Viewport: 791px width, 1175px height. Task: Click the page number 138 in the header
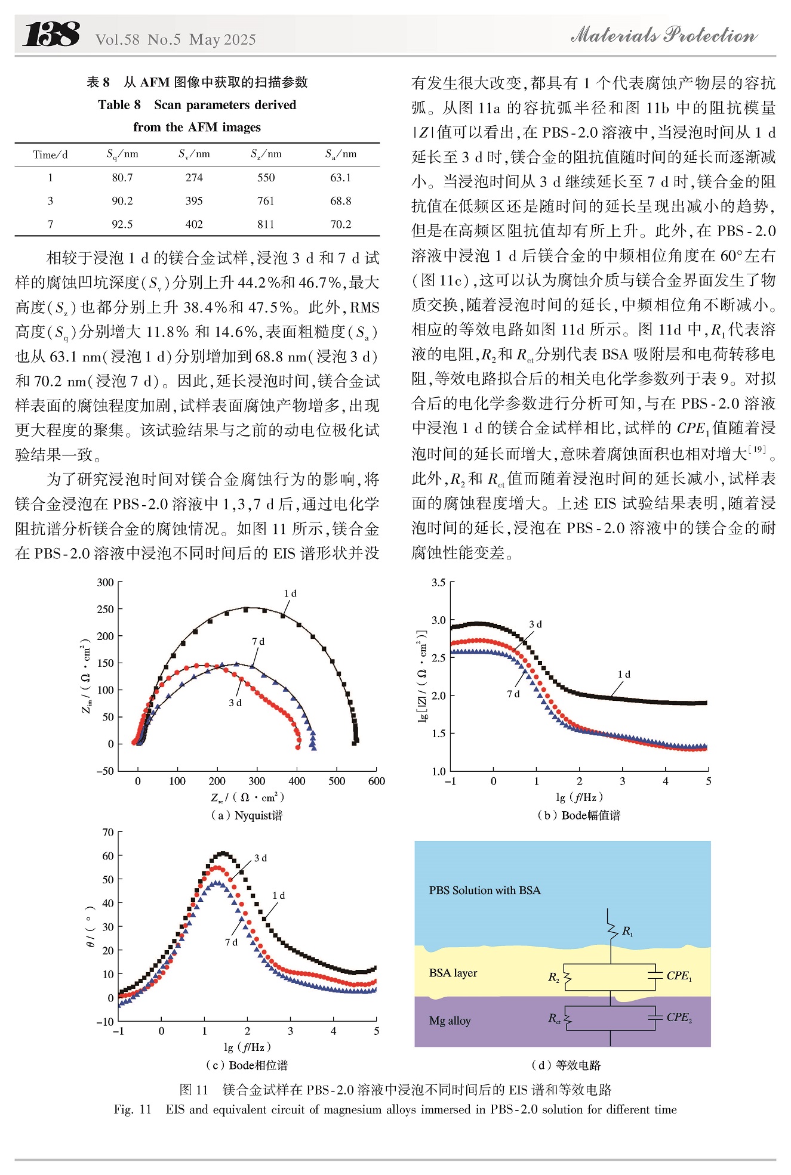pos(51,34)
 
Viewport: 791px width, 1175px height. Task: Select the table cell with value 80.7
pos(122,178)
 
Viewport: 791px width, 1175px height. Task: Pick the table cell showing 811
pos(266,224)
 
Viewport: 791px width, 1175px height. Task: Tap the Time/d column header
pos(51,154)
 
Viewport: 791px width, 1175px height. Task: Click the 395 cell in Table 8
pos(194,201)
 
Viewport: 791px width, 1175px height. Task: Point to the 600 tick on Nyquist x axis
pos(376,781)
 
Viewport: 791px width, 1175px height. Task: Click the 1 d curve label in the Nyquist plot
pos(290,593)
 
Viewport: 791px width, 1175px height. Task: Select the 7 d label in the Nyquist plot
pos(258,642)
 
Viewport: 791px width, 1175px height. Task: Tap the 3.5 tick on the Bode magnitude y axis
pos(439,582)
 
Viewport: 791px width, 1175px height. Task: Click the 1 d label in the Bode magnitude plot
pos(624,675)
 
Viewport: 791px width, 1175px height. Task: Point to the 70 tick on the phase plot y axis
pos(108,832)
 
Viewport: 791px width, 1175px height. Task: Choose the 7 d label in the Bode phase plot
pos(231,942)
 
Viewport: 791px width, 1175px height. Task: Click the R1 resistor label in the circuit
pos(627,931)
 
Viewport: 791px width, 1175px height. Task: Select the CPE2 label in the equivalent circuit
pos(679,1018)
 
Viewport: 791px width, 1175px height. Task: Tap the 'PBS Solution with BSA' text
pos(485,890)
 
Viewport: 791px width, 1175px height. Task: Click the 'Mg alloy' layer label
pos(450,1021)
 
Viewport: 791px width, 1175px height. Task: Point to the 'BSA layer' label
pos(453,973)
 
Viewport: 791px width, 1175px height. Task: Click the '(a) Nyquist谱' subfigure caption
pos(247,815)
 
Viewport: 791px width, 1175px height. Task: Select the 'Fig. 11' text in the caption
pos(133,1109)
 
